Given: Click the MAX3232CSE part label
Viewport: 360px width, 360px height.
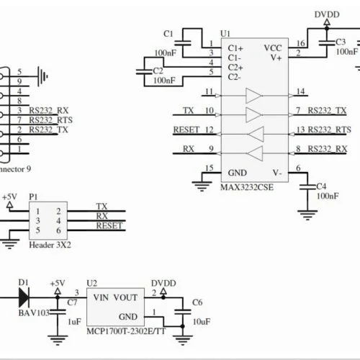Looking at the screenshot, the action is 247,187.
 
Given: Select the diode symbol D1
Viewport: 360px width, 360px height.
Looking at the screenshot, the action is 24,298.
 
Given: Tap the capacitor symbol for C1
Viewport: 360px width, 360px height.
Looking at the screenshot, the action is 183,43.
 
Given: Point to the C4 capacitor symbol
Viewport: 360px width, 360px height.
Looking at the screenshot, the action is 307,187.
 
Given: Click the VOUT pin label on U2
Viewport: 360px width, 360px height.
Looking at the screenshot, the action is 125,297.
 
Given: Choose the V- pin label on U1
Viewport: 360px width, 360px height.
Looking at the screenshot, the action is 277,173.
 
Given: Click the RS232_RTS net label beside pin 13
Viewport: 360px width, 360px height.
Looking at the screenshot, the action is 329,130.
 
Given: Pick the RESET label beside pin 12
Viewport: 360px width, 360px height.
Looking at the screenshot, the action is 186,130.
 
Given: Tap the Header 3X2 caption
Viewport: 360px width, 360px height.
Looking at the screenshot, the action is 50,245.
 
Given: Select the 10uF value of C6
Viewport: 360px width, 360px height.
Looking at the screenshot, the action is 202,322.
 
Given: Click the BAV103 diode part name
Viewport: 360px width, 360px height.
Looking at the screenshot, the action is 34,313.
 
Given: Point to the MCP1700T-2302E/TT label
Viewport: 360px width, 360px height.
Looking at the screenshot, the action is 126,331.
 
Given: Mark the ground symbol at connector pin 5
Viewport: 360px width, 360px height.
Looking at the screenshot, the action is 42,76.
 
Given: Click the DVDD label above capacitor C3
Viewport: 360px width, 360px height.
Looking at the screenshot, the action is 327,14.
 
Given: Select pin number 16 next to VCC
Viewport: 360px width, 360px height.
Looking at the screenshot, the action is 301,43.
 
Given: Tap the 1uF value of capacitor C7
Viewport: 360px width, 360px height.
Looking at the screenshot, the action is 74,322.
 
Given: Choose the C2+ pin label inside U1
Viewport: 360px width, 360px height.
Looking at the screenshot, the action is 235,68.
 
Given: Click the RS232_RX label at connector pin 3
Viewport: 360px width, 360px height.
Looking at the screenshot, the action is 49,111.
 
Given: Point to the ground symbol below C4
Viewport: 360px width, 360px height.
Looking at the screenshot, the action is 307,215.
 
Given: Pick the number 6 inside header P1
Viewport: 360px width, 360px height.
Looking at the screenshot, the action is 58,230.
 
